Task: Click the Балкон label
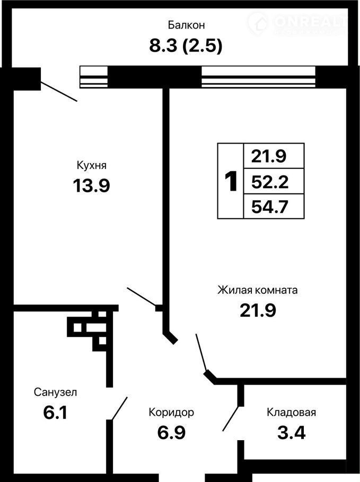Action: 186,25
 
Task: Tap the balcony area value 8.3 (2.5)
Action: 186,46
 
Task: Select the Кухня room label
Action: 91,165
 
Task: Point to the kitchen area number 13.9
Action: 91,186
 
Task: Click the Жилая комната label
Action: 258,290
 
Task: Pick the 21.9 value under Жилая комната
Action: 258,310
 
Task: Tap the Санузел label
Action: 55,392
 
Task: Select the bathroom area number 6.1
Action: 55,413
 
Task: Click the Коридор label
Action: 171,412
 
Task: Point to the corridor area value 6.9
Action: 171,433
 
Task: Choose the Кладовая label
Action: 292,412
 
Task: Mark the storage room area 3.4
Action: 292,433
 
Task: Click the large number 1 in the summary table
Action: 231,181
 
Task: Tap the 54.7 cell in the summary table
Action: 270,207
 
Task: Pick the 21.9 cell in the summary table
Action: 269,156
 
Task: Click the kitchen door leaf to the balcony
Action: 59,91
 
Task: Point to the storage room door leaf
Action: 231,418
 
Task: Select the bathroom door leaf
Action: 119,408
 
